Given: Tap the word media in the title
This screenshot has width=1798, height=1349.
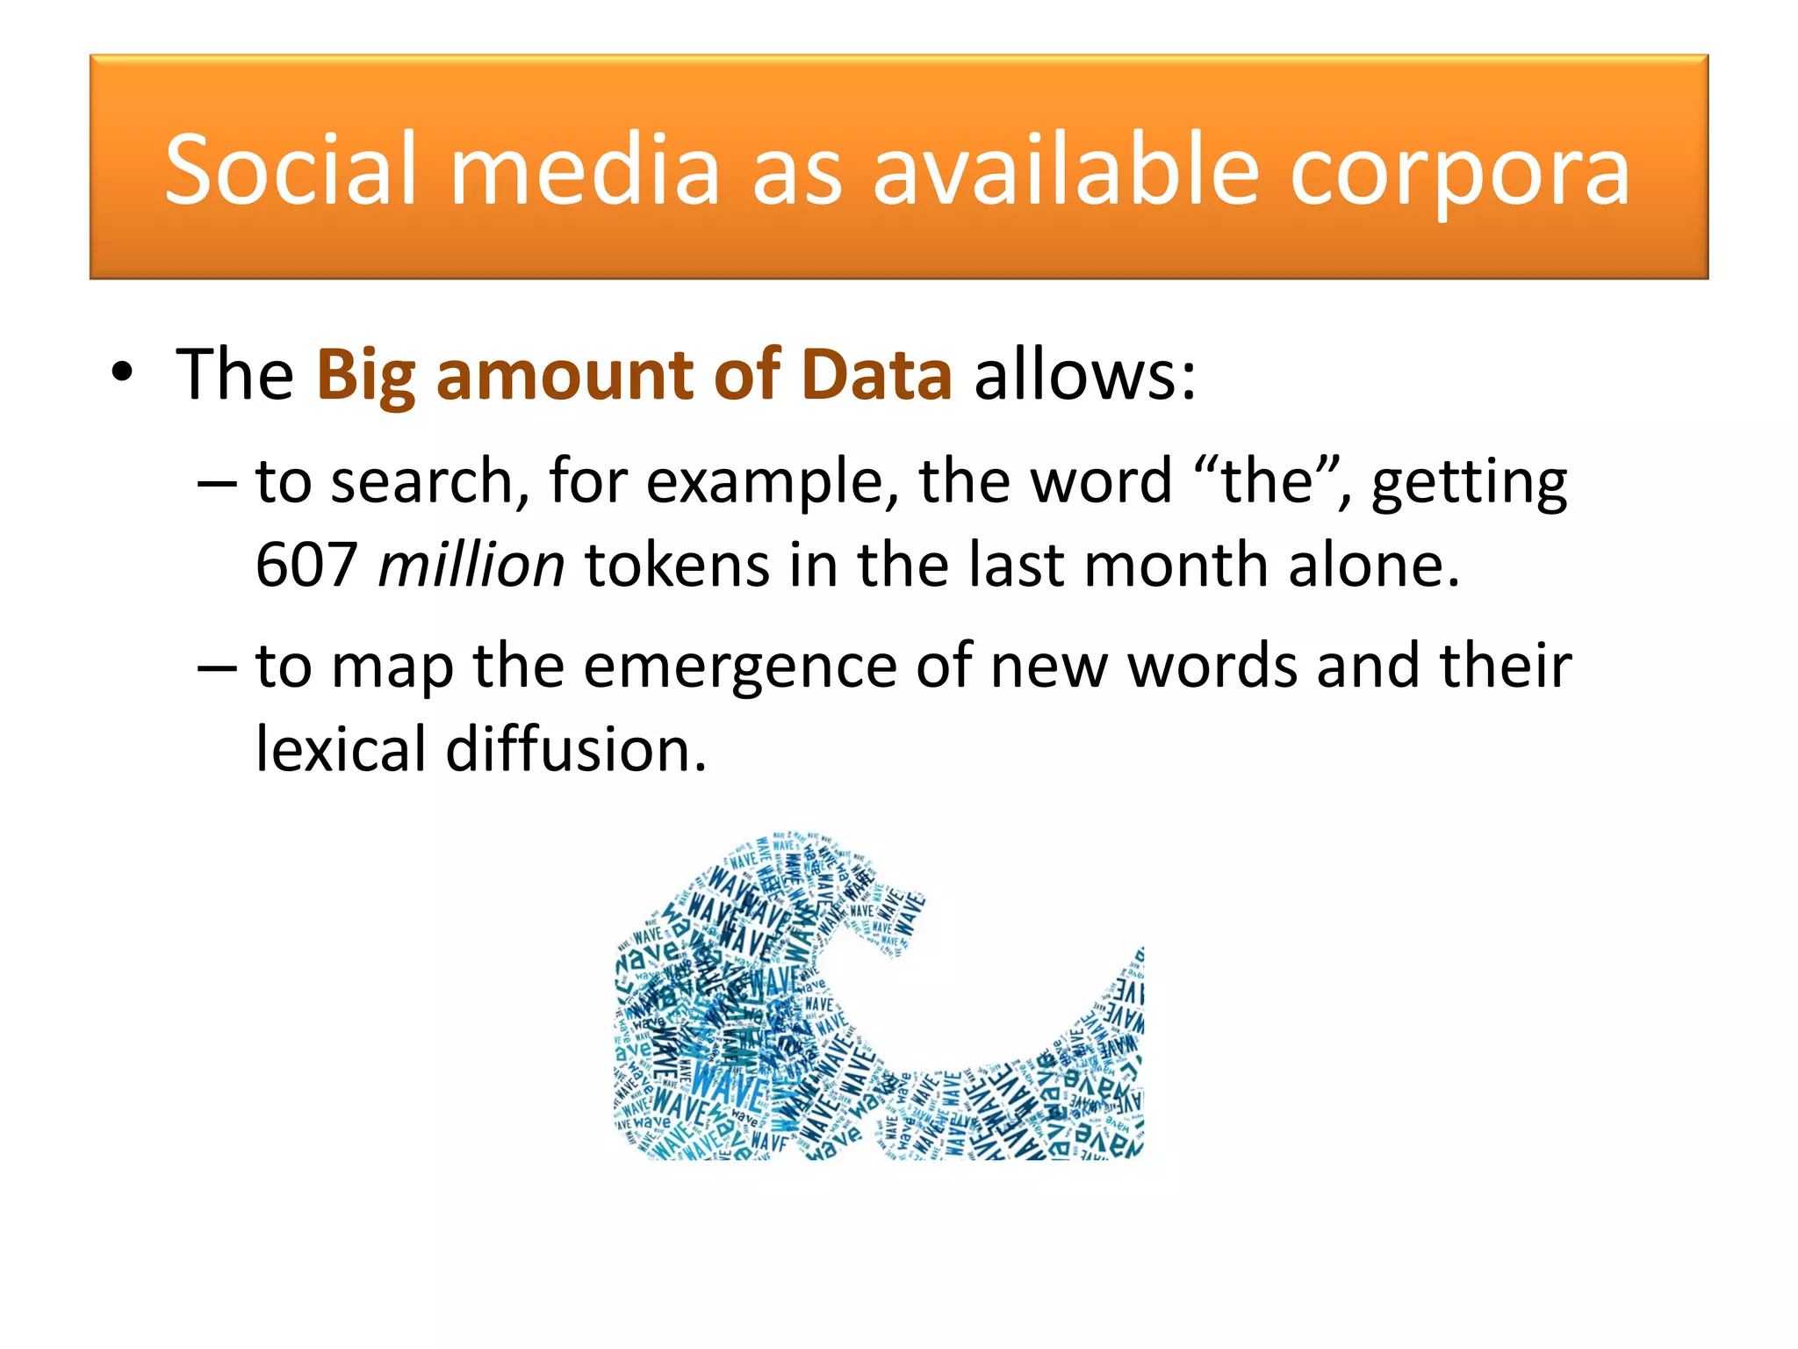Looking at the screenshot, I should coord(586,169).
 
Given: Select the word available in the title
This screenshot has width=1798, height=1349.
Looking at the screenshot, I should coord(1066,169).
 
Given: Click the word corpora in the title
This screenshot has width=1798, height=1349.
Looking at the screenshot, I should coord(1459,169).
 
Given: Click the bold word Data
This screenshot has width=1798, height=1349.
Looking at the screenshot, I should coord(876,374).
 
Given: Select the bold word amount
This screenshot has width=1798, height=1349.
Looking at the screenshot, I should coord(565,374).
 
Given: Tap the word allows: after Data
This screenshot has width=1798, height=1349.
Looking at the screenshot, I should coord(1085,374).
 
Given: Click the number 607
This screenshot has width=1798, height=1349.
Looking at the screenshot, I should coord(306,564).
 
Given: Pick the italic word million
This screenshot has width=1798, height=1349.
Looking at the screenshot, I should coord(471,564).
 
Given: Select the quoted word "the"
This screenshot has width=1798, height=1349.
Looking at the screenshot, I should coord(1268,481).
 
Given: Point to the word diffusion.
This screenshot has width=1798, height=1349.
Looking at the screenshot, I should coord(576,750).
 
